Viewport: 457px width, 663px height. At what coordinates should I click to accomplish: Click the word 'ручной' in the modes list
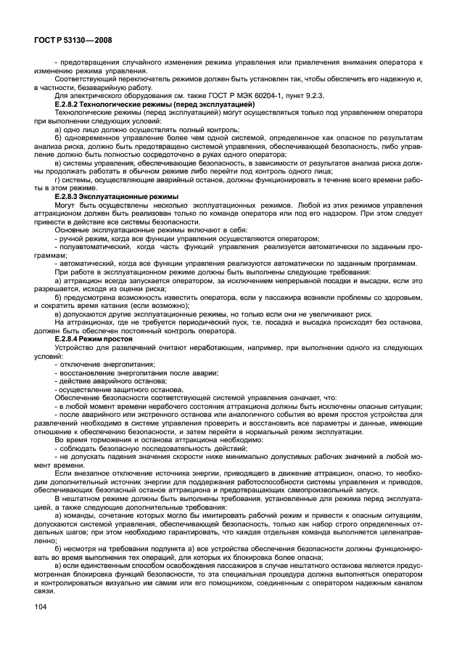(72, 239)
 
